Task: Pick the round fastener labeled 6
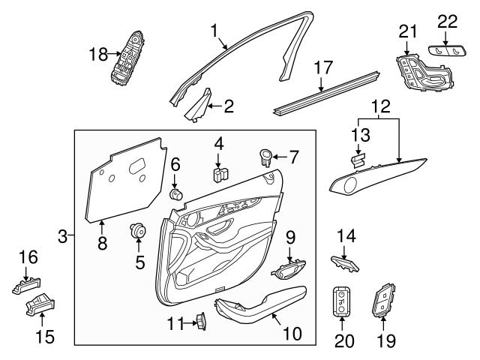(178, 195)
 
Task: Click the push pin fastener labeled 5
(138, 229)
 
